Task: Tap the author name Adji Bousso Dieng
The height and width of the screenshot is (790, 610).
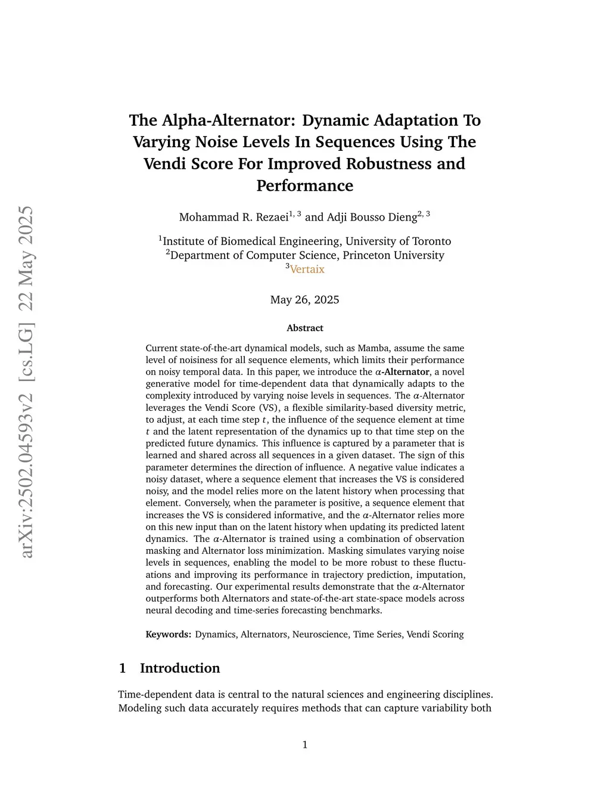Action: [369, 217]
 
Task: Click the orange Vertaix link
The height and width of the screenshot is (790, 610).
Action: [307, 269]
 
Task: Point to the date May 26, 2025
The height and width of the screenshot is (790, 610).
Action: [304, 299]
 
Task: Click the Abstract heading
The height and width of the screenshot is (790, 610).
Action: [304, 328]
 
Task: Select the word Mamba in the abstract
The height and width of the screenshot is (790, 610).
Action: [371, 348]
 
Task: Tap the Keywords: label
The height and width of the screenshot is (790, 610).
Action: [168, 634]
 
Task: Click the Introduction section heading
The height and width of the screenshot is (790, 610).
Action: [180, 668]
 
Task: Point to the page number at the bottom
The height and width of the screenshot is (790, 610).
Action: [305, 745]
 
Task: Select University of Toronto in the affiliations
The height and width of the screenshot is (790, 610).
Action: [398, 241]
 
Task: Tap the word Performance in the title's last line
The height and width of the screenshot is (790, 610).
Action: [304, 185]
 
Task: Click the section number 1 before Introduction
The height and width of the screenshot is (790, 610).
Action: [122, 668]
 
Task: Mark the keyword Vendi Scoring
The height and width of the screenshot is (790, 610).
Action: [435, 634]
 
